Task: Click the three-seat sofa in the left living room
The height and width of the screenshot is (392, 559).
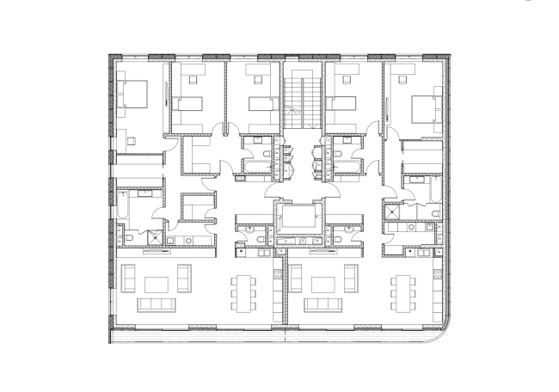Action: [156, 305]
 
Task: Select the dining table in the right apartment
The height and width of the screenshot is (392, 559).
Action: [403, 292]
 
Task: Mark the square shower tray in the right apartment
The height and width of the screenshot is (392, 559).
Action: [396, 207]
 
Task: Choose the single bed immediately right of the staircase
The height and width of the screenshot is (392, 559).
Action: [342, 104]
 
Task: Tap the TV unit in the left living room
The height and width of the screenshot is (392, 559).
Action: [156, 254]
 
